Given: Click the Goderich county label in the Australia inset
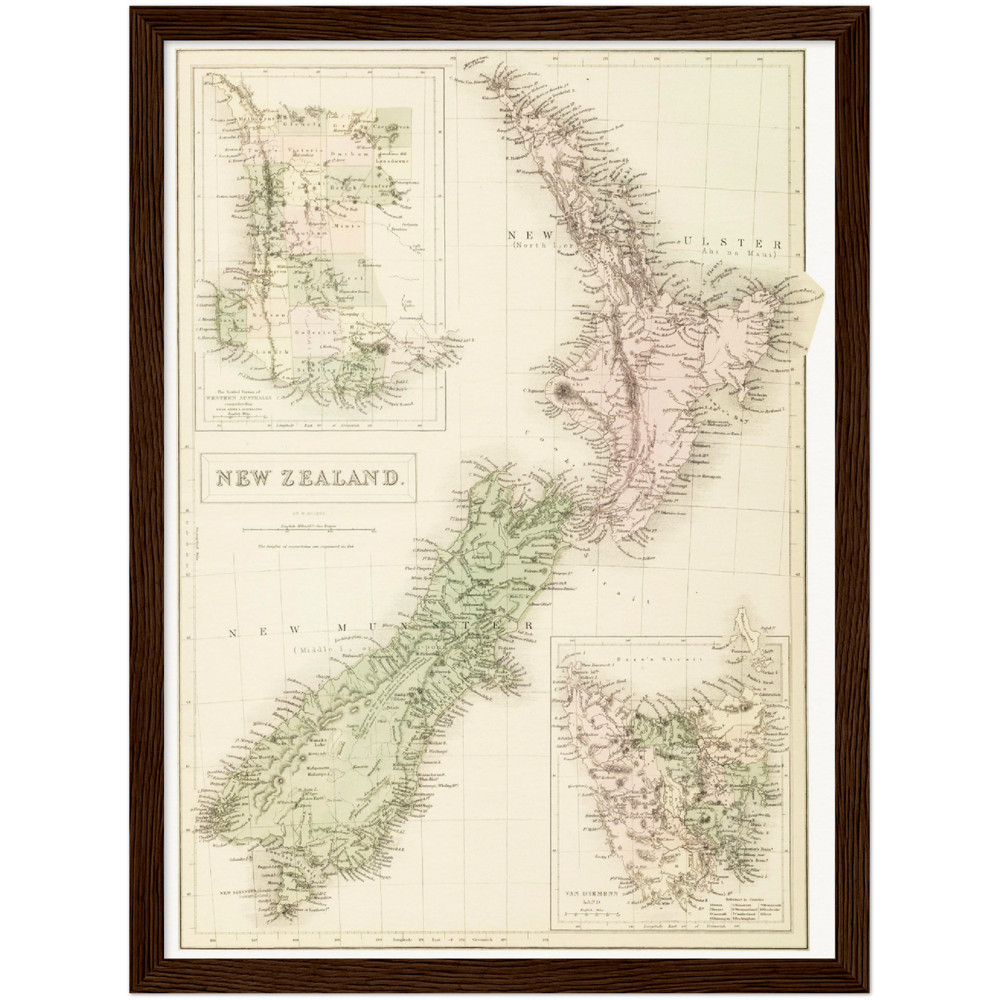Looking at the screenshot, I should point(316,332).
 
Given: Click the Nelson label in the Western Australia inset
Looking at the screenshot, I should point(273,315).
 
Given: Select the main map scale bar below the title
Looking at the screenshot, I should point(308,531).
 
